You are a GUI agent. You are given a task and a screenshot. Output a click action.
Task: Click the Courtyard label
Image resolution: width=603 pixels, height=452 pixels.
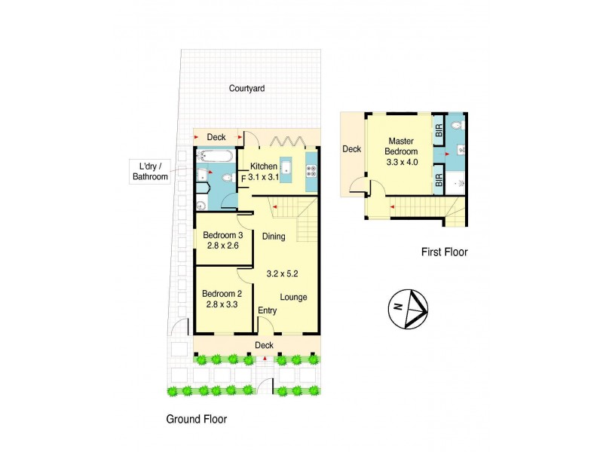pos(246,88)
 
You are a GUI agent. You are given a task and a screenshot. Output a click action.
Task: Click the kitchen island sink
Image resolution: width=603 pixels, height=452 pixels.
pos(286,167)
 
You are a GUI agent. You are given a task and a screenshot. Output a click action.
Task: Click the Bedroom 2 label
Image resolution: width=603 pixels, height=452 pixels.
pos(222,294)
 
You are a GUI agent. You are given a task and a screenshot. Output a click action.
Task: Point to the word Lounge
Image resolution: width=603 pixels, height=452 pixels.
pos(294,297)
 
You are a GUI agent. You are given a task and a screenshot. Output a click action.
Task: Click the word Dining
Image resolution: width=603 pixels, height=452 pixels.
pos(274,237)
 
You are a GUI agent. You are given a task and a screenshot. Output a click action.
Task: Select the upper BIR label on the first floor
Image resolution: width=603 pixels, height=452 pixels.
pos(438,133)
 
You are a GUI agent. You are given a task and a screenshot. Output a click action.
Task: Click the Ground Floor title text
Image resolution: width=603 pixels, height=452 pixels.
pos(196,419)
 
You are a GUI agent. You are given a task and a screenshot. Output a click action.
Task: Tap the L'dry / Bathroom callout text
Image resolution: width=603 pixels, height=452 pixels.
pos(151,172)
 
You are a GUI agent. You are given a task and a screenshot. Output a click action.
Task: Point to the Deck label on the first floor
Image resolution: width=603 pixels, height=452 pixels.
pos(352,149)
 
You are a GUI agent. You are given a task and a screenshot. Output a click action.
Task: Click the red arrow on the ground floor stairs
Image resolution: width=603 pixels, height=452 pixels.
pos(275,206)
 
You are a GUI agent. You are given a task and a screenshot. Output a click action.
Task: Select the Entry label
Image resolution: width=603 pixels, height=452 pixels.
pos(268,310)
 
